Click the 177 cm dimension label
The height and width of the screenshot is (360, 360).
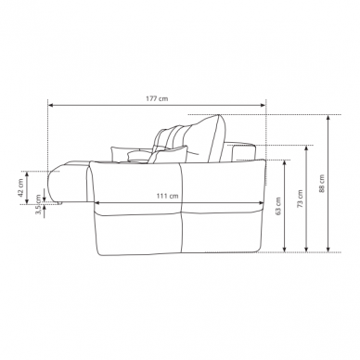tap(157, 98)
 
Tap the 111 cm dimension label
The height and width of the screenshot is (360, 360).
tap(167, 196)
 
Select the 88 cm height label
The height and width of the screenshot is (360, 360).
tap(322, 184)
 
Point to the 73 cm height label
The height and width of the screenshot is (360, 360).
tap(300, 199)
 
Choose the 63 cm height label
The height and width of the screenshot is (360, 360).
tap(278, 206)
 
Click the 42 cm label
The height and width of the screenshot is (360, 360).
tap(20, 187)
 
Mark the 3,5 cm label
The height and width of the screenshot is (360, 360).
tap(38, 204)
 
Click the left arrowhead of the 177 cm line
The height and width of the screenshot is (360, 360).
tap(51, 106)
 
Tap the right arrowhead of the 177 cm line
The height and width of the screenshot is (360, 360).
tap(263, 106)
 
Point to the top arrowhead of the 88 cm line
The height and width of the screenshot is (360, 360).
tap(328, 118)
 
